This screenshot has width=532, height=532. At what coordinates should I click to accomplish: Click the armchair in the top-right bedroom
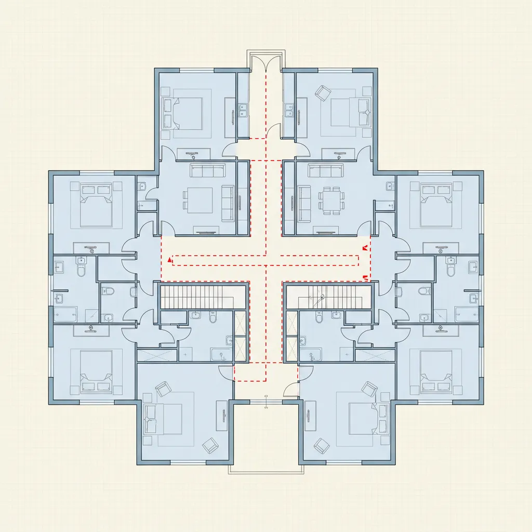tap(323, 94)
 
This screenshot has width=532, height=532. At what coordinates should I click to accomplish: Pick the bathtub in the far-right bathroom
tap(466, 314)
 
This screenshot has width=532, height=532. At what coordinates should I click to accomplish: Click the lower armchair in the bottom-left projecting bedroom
tap(210, 445)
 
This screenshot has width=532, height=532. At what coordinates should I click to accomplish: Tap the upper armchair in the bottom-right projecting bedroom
tap(370, 388)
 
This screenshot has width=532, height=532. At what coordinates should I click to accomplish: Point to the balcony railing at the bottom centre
tap(266, 470)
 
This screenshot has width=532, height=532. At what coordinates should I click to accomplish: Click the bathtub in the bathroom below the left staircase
tap(222, 355)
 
